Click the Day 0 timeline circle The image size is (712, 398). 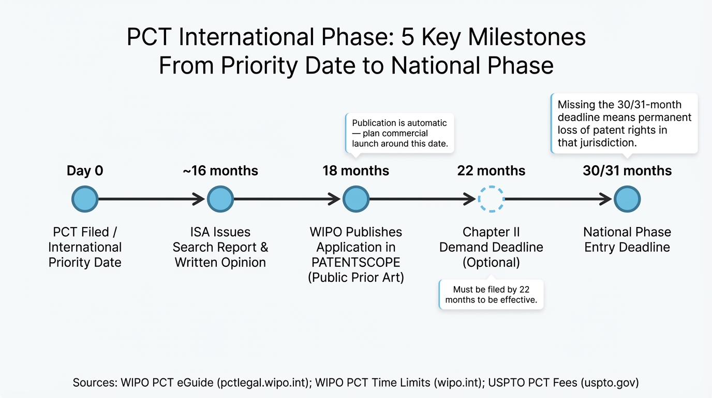click(x=85, y=199)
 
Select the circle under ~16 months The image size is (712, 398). click(x=220, y=199)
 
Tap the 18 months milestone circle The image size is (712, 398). click(x=356, y=199)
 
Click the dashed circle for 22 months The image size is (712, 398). click(x=491, y=199)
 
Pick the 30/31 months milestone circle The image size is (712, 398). click(x=627, y=199)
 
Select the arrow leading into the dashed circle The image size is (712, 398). click(x=422, y=199)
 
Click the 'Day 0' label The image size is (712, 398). click(x=85, y=171)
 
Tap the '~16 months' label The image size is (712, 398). click(x=220, y=171)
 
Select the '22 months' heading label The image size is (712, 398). click(x=491, y=171)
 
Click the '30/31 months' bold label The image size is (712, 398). click(x=627, y=171)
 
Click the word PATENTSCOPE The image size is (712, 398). click(x=356, y=262)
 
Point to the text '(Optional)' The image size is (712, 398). click(x=491, y=262)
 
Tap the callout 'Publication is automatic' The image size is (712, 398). click(x=399, y=133)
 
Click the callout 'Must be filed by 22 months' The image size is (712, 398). click(x=491, y=294)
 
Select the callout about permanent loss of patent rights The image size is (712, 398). click(x=625, y=123)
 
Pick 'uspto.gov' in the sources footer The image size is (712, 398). click(x=610, y=383)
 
